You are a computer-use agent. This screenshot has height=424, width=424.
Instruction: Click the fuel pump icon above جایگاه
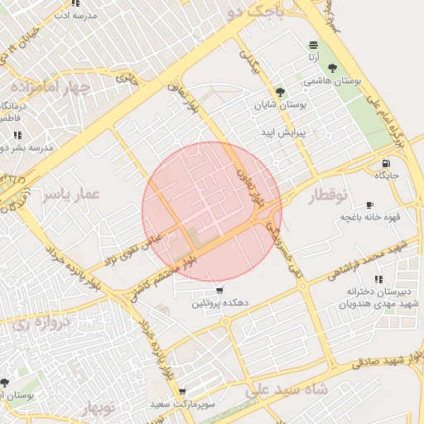point(386,161)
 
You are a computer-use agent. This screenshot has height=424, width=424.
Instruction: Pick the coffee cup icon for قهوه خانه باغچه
point(369,205)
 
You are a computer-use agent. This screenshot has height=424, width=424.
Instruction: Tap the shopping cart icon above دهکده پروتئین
point(219,291)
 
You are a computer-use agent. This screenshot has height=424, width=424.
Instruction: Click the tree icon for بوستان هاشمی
point(333,68)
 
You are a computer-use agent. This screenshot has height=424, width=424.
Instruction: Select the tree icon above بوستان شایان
point(279,92)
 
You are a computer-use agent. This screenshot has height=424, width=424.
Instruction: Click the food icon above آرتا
point(313,45)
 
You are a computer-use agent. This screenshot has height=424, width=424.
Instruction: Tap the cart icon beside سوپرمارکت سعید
point(181,392)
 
